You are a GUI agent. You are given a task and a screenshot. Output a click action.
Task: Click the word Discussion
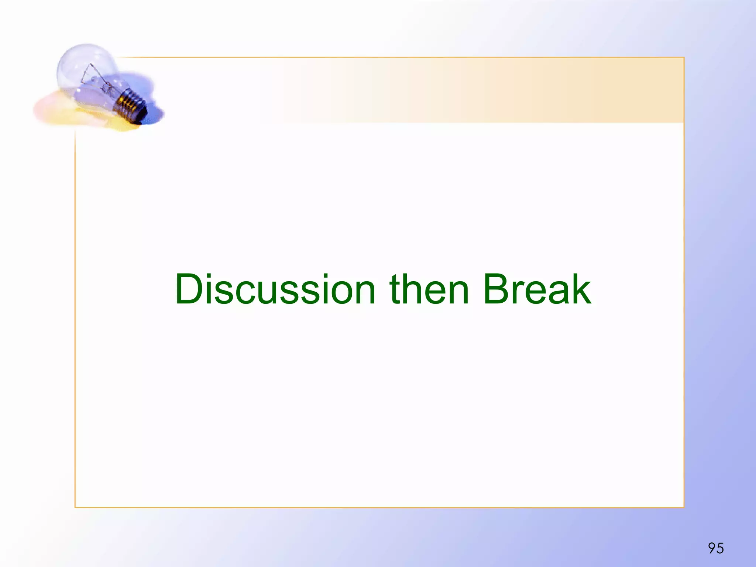tap(275, 290)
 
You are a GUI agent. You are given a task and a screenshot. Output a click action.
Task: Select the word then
tap(429, 290)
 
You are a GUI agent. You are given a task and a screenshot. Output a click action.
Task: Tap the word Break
tap(537, 290)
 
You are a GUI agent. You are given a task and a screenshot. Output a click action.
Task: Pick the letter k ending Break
tap(580, 290)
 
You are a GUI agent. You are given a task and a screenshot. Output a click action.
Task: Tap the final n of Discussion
tap(363, 294)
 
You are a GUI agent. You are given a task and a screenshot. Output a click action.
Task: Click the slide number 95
tap(716, 548)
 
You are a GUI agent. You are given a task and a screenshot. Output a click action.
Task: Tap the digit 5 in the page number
tap(720, 548)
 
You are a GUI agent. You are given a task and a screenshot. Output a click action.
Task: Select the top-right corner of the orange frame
tap(684, 58)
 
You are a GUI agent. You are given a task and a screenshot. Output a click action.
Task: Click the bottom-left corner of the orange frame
tap(75, 507)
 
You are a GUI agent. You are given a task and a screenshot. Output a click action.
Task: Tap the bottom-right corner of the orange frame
tap(684, 507)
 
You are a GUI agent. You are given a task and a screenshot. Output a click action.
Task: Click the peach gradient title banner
tap(480, 90)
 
